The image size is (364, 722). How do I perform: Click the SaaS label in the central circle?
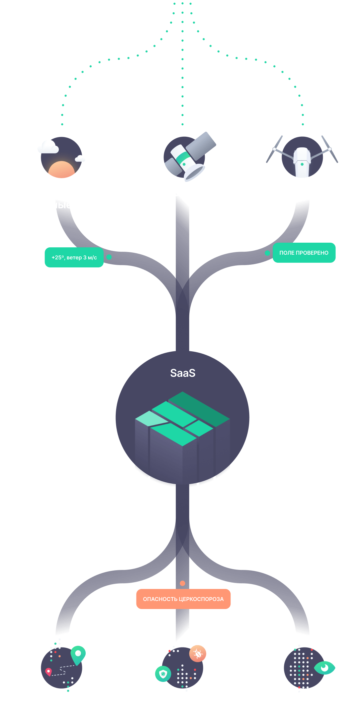[183, 373]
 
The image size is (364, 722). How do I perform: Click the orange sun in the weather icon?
[62, 170]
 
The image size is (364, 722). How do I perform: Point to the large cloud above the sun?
[48, 147]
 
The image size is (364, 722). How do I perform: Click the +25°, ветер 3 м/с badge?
[74, 257]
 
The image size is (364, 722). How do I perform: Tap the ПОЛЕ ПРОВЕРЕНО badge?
[304, 253]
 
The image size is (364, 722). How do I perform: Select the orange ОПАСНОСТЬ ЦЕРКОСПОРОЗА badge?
[183, 599]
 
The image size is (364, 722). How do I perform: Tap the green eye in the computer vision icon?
[324, 668]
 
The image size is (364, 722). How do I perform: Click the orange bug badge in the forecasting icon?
[198, 653]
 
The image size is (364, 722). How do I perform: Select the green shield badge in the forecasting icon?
[163, 674]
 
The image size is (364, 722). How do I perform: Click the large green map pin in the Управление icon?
[78, 654]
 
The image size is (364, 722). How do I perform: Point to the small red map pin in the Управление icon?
[49, 671]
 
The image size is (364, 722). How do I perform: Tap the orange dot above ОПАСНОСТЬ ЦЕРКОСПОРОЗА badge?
[182, 583]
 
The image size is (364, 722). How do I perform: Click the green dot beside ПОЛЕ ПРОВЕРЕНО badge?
[267, 253]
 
